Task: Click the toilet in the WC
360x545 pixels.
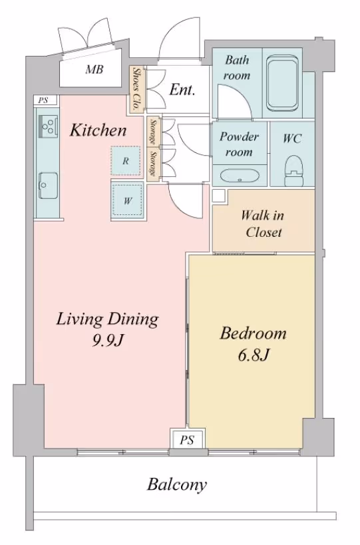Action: (293, 170)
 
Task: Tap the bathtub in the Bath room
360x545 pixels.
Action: (283, 83)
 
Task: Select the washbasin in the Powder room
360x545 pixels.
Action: (240, 175)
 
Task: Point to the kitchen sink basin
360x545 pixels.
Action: (48, 185)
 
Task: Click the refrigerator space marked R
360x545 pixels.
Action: (126, 160)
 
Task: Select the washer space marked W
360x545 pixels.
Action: (128, 200)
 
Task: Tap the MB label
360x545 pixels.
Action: (94, 69)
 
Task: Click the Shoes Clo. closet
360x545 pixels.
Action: (136, 89)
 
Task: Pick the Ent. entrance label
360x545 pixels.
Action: (182, 90)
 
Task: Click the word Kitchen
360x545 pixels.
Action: (98, 130)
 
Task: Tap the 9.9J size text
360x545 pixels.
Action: (108, 341)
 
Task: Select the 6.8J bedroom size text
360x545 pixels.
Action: (254, 355)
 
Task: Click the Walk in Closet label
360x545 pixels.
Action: (263, 224)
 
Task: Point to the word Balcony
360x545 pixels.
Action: (177, 484)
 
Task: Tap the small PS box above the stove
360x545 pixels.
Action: (43, 100)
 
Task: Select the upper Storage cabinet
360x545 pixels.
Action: (152, 132)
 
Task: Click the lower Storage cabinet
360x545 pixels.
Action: (152, 164)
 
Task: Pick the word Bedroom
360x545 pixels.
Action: (254, 333)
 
